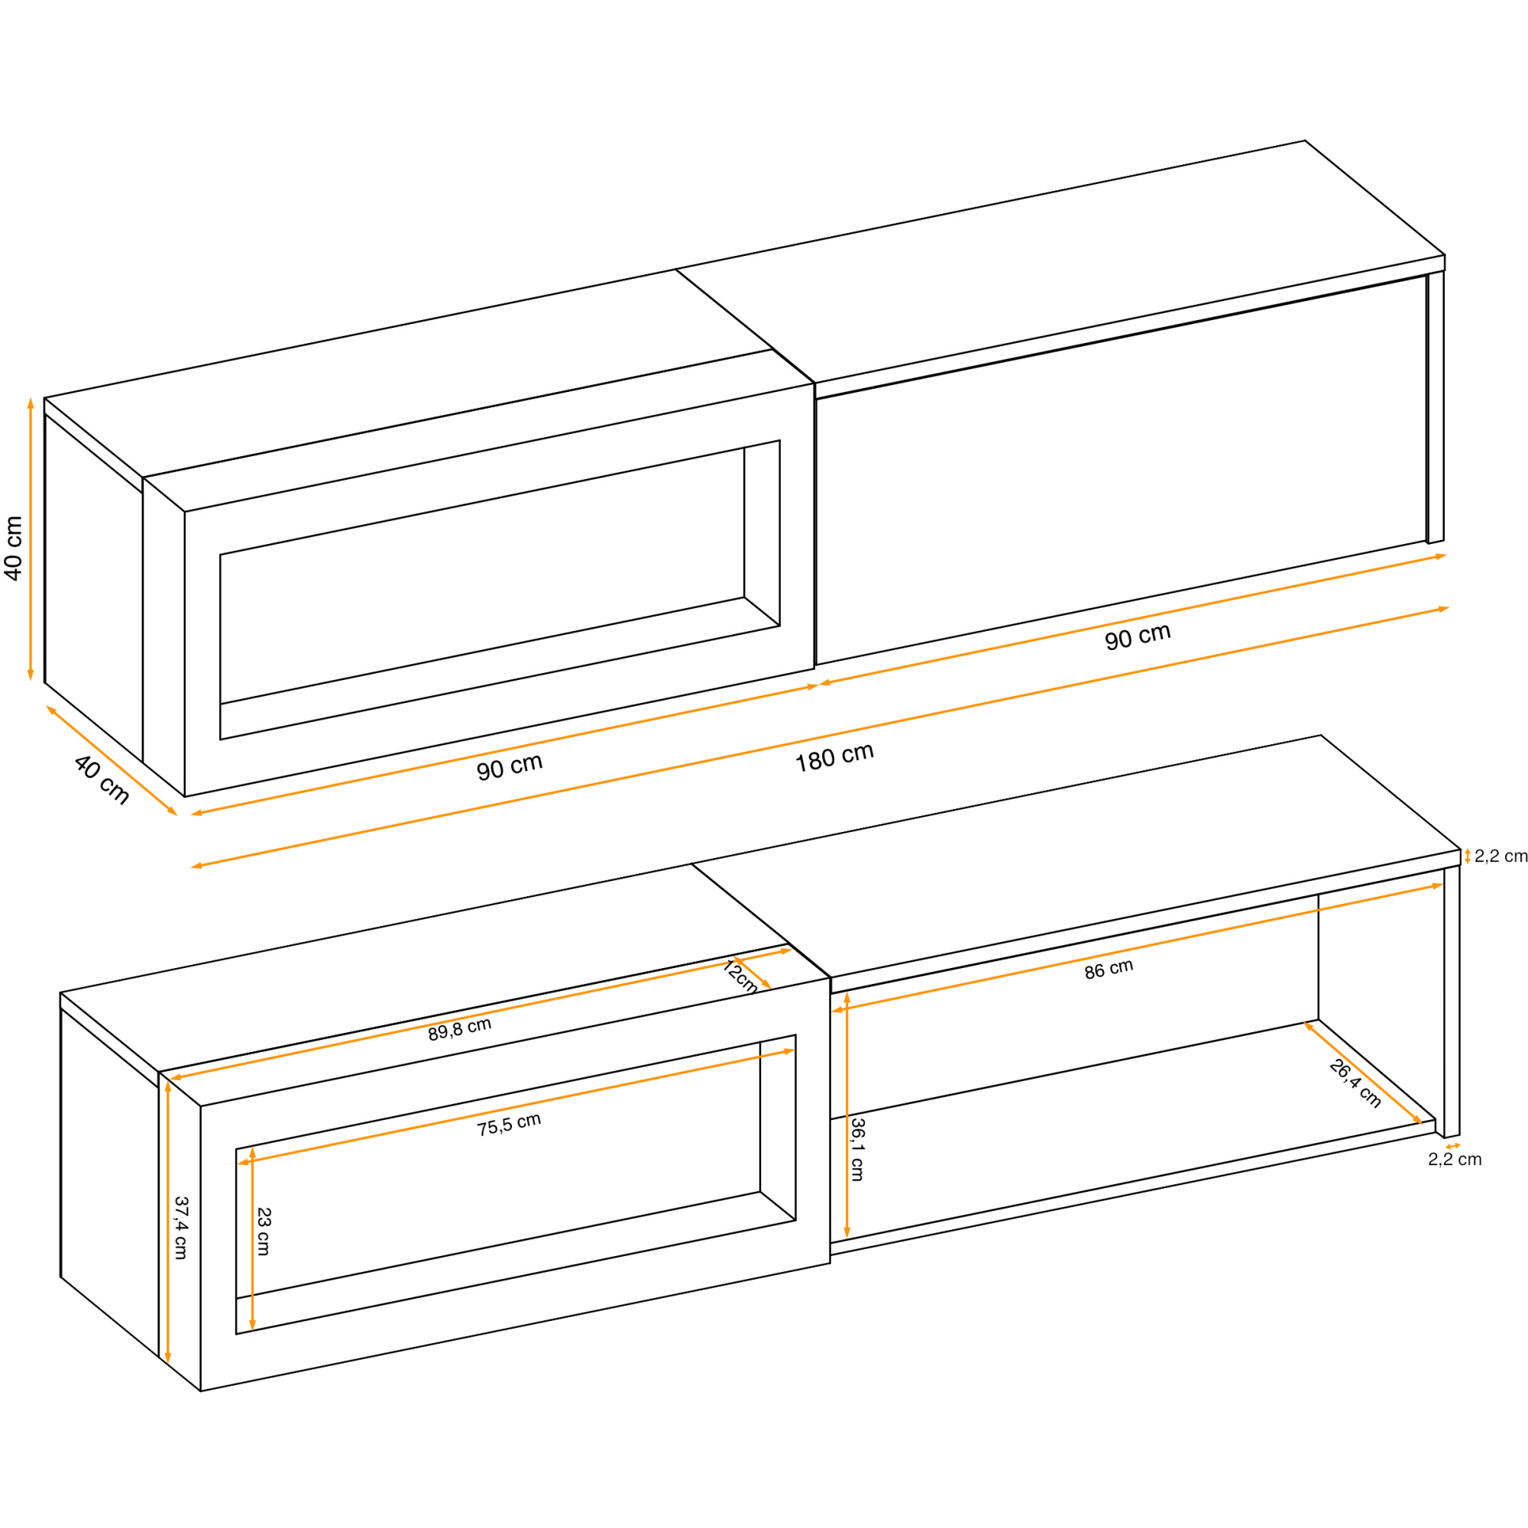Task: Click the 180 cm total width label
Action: (834, 758)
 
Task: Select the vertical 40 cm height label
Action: (14, 549)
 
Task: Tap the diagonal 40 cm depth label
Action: (102, 780)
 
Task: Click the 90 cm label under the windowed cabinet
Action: (510, 766)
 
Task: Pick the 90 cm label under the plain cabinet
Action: (1138, 636)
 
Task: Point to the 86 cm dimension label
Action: (1109, 970)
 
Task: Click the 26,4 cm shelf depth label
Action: (1355, 1083)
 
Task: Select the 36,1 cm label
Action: (857, 1149)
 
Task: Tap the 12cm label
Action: (741, 976)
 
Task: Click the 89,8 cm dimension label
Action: (459, 1029)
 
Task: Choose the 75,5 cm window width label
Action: (509, 1125)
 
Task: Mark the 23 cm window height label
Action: (264, 1232)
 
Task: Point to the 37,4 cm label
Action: (181, 1228)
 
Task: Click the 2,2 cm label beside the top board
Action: (1500, 856)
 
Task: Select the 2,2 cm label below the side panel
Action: (1455, 1160)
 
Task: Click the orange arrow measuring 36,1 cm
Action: (847, 1115)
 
